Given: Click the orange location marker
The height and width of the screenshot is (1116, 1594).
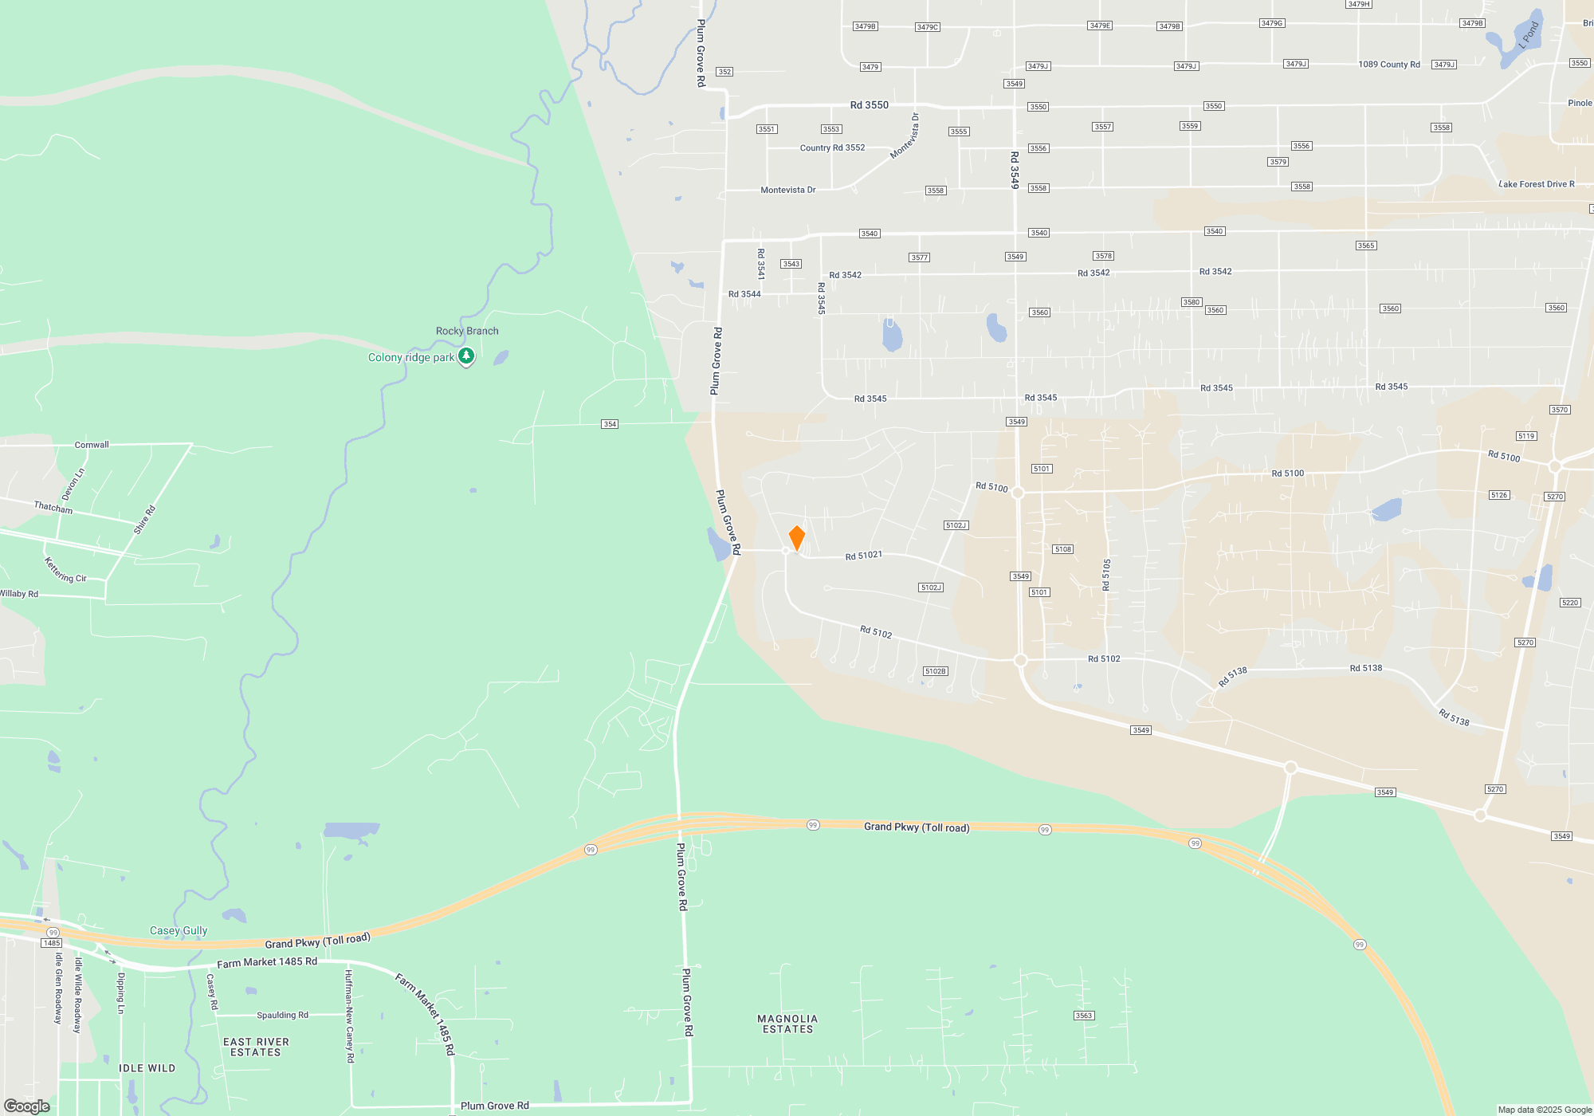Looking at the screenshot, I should click(x=796, y=537).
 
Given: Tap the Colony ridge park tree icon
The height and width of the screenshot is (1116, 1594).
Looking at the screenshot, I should click(x=466, y=356).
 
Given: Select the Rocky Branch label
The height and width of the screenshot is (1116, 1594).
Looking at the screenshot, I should click(x=467, y=331).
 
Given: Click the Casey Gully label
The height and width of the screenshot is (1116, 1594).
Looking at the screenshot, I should click(x=179, y=930).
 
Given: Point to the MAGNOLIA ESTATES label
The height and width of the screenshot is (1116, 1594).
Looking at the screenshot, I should click(x=787, y=1024).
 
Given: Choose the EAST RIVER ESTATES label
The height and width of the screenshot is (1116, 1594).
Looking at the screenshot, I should click(x=256, y=1047).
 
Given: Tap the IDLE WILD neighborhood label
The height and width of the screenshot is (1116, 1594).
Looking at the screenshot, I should click(x=147, y=1068).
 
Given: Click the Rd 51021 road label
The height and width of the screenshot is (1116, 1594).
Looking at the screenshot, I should click(x=863, y=556).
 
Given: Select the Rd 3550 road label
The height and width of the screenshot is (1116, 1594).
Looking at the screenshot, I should click(x=869, y=105).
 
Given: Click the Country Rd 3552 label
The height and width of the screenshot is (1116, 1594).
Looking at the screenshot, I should click(x=832, y=147).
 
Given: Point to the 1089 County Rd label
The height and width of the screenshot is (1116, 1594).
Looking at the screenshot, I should click(x=1389, y=65).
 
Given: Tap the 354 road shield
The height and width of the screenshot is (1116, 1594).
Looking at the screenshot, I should click(x=610, y=424).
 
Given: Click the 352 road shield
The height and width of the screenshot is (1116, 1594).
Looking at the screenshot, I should click(x=724, y=72).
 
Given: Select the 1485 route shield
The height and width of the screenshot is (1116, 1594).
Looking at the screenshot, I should click(x=52, y=943).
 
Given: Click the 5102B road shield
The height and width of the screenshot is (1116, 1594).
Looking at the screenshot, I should click(x=936, y=671).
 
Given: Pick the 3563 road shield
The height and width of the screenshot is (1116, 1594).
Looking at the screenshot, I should click(x=1084, y=1016).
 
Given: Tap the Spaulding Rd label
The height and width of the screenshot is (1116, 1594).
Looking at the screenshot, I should click(x=282, y=1015).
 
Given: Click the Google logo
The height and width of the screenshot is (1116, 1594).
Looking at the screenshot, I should click(x=27, y=1106).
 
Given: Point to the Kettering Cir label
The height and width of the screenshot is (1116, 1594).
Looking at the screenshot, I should click(x=65, y=570).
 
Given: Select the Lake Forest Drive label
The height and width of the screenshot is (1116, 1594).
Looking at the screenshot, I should click(x=1536, y=184).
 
